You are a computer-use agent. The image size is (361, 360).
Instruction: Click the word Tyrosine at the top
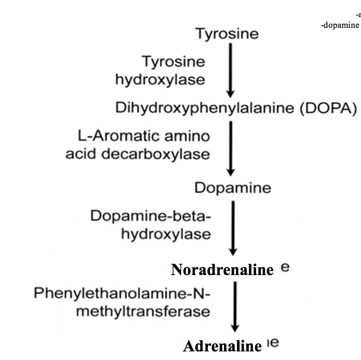point(227,34)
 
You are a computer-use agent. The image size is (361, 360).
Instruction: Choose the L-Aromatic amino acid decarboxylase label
point(138,145)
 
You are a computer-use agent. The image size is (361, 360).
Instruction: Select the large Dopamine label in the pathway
point(233,188)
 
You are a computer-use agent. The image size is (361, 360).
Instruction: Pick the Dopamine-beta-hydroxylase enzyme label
point(151,224)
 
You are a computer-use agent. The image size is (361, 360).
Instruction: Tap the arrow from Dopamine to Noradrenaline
point(233,228)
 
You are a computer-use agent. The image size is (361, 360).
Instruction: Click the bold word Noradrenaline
point(222,270)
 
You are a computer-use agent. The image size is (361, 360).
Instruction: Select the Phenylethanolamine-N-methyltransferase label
point(122,302)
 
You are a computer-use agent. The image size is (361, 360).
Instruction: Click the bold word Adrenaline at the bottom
point(222,346)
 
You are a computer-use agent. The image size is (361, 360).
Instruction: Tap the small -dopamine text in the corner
point(340,25)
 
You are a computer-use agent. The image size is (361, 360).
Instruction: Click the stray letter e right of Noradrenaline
point(285,268)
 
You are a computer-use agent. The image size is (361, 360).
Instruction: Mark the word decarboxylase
point(164,153)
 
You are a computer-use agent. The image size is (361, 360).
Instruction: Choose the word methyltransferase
point(143,310)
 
